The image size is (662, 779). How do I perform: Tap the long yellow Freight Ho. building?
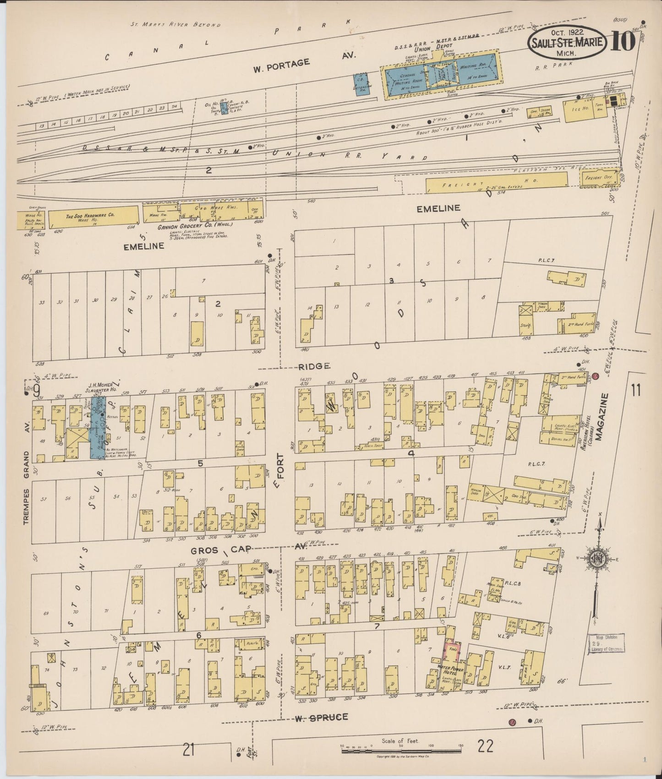(x=499, y=183)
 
